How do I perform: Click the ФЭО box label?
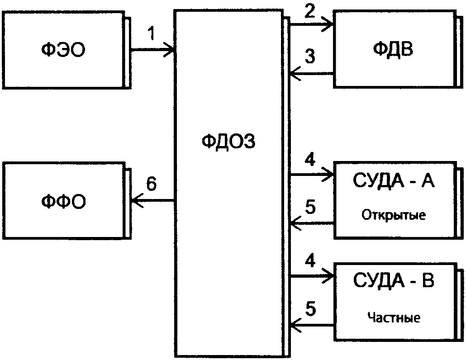click(63, 50)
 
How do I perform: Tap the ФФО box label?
click(63, 202)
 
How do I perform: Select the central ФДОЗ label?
click(228, 142)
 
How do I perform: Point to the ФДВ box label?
click(393, 49)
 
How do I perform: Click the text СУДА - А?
click(394, 180)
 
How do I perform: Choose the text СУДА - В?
click(394, 280)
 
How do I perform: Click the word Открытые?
click(394, 215)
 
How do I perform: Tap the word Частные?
click(394, 317)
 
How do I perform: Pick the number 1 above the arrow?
click(152, 33)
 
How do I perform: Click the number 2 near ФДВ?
click(309, 12)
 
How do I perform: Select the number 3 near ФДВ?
click(310, 57)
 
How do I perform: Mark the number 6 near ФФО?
click(151, 184)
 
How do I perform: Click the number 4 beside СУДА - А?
click(309, 160)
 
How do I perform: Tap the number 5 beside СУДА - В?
click(310, 308)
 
